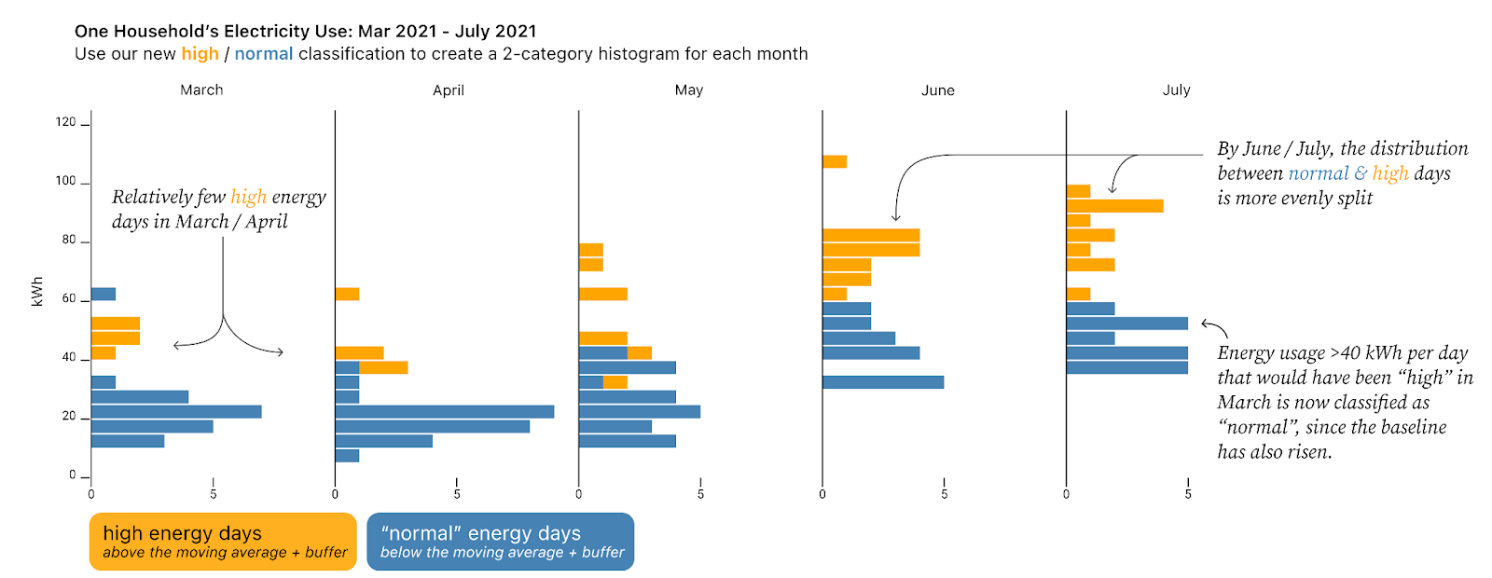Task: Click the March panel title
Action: coord(201,89)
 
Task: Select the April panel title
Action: coord(449,90)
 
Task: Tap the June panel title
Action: coord(938,90)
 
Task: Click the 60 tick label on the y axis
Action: coord(69,298)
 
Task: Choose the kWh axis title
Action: coord(37,291)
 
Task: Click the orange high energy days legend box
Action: coord(223,542)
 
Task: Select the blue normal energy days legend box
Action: coord(500,542)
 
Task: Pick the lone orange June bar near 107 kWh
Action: coord(835,162)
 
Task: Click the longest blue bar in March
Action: coord(176,411)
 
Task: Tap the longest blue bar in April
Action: coord(445,411)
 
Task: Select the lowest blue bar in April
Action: coord(347,456)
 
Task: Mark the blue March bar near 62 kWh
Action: coord(104,295)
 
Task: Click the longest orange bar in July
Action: coord(1115,206)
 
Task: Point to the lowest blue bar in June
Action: coord(883,382)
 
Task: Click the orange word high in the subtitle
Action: coord(200,54)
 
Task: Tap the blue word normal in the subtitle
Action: coord(264,54)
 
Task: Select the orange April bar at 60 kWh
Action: coord(347,295)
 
